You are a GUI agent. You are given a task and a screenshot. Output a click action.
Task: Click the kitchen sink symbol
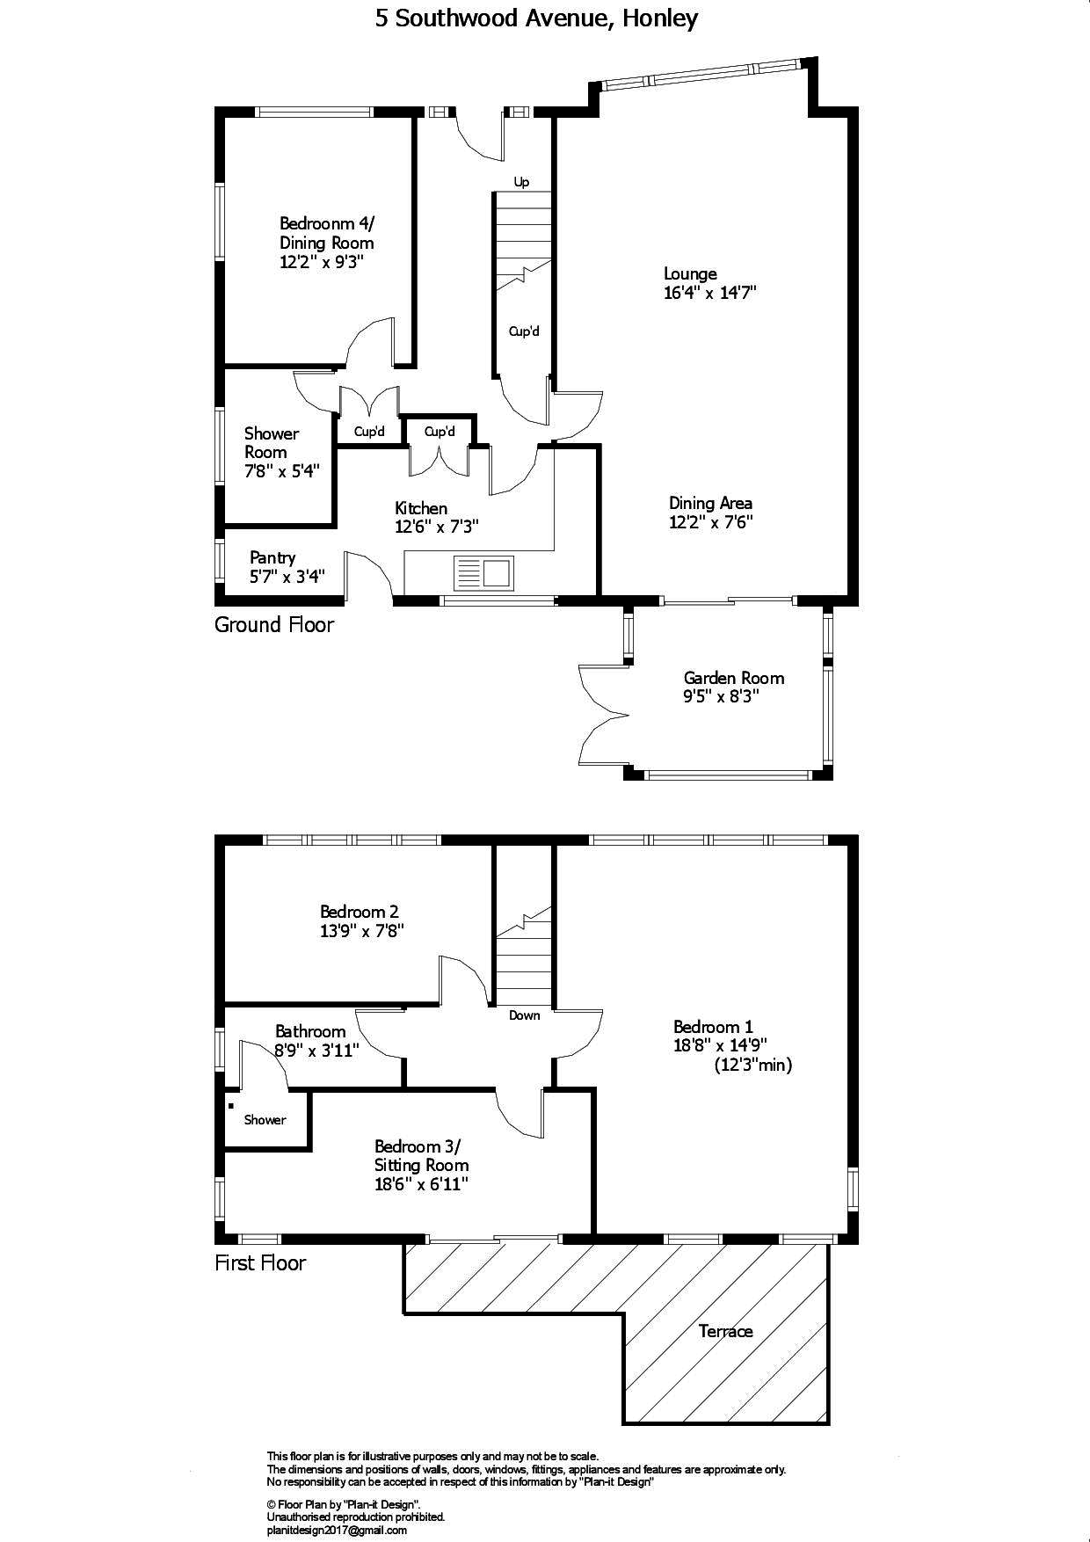[483, 573]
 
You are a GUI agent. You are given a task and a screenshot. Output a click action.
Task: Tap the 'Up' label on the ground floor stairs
[521, 182]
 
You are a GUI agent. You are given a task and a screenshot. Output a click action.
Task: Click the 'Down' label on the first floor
[525, 1015]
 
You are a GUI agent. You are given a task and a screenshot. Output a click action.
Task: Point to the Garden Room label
[734, 678]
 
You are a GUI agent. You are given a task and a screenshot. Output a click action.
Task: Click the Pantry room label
[272, 557]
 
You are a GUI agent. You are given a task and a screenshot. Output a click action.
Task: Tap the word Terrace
[726, 1331]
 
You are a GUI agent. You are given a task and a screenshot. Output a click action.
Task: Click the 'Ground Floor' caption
[274, 625]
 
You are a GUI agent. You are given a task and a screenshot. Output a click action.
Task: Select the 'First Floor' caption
[260, 1263]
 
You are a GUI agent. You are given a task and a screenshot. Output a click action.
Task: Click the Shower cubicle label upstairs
[265, 1119]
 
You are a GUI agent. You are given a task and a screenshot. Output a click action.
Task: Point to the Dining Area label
[710, 503]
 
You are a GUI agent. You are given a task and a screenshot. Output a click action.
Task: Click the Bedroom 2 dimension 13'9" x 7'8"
[362, 931]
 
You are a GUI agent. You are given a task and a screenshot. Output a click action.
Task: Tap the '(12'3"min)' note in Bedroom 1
[753, 1066]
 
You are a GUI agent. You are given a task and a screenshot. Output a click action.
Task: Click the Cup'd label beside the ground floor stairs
[524, 331]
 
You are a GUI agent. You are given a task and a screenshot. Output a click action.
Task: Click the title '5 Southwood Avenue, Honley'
[537, 18]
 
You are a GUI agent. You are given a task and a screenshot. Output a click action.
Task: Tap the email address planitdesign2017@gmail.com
[337, 1531]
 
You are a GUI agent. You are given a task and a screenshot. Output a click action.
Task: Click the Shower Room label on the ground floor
[272, 442]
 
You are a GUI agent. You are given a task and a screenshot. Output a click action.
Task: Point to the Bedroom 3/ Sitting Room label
[421, 1155]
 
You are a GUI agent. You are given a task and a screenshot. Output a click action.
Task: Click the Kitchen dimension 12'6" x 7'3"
[436, 527]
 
